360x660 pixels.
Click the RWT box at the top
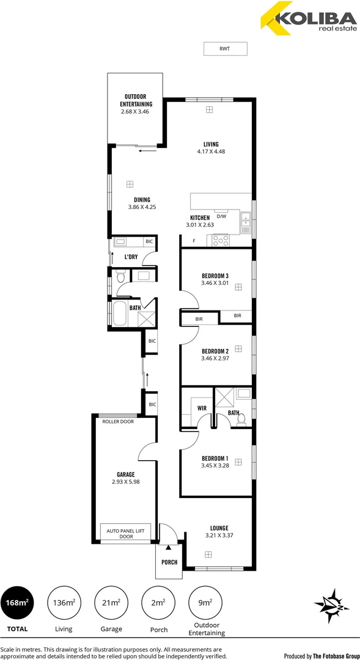click(225, 49)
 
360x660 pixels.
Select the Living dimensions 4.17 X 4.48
click(211, 152)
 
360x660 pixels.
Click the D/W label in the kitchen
click(221, 216)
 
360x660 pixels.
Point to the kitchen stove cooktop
click(220, 241)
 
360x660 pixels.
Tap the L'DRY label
click(131, 257)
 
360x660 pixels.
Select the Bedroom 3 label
click(215, 275)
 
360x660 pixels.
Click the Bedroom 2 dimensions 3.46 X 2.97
click(215, 359)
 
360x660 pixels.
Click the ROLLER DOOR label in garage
click(118, 421)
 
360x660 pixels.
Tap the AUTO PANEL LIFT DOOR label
click(122, 533)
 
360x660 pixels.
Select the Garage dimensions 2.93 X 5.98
click(126, 482)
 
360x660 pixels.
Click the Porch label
click(169, 562)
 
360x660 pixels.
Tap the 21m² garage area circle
click(111, 603)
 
